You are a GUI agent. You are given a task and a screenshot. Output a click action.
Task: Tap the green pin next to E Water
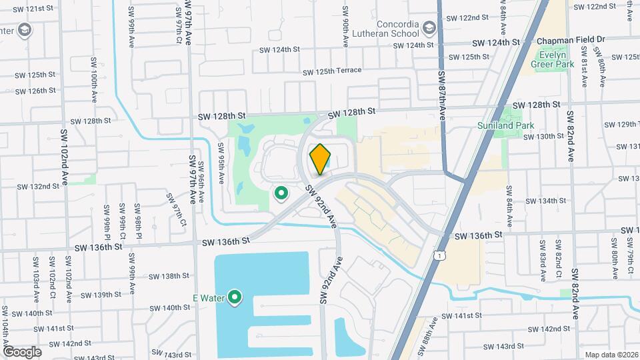click(235, 297)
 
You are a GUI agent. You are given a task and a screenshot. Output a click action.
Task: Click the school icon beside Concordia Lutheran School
click(428, 28)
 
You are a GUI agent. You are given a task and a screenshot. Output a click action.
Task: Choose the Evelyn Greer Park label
click(552, 59)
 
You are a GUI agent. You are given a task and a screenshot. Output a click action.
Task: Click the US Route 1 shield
click(438, 255)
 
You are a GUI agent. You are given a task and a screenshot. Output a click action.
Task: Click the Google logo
click(22, 351)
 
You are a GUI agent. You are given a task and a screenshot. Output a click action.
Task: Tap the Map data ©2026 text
click(611, 355)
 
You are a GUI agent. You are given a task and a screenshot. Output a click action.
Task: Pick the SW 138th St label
click(169, 276)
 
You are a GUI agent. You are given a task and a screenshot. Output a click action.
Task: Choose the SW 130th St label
click(543, 137)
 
